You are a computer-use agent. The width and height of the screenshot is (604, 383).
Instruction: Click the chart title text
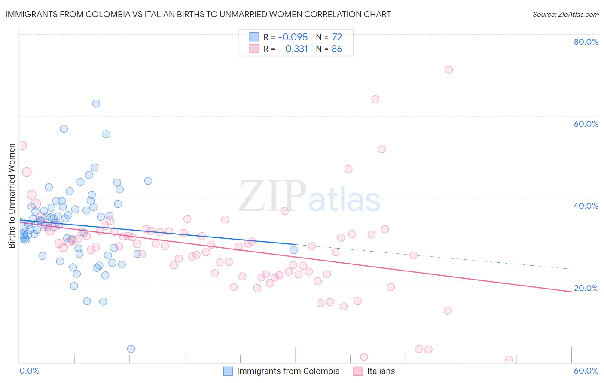(x=198, y=14)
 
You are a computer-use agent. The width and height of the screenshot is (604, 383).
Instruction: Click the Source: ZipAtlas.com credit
(x=565, y=14)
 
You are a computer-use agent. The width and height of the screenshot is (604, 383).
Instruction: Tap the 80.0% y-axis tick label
(x=586, y=42)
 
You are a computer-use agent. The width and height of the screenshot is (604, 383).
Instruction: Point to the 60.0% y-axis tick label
(x=586, y=124)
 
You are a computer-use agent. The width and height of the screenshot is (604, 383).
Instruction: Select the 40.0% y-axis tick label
(x=586, y=206)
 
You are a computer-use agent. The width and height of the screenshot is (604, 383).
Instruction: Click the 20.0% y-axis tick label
(x=586, y=288)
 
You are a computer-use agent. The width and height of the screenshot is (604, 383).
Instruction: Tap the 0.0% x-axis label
(x=29, y=371)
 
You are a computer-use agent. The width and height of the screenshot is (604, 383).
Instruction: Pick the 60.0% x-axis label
(x=586, y=371)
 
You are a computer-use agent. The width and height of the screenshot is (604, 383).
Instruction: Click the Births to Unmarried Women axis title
(x=12, y=196)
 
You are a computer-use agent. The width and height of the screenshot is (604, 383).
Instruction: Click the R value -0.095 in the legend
(x=293, y=37)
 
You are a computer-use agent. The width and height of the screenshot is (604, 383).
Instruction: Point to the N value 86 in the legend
(x=337, y=49)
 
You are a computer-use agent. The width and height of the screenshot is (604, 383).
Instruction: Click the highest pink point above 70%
(x=449, y=70)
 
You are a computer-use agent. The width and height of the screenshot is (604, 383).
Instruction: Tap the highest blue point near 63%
(x=96, y=103)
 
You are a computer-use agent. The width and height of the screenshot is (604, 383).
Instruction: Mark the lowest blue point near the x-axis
(x=131, y=349)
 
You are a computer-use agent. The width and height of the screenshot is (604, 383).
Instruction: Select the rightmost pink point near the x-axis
(x=509, y=359)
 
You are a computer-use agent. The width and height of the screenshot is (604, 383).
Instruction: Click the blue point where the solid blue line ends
(x=294, y=250)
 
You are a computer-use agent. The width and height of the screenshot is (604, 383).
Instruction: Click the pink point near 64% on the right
(x=375, y=99)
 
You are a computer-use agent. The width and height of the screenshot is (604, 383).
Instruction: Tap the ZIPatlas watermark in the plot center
(x=309, y=197)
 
